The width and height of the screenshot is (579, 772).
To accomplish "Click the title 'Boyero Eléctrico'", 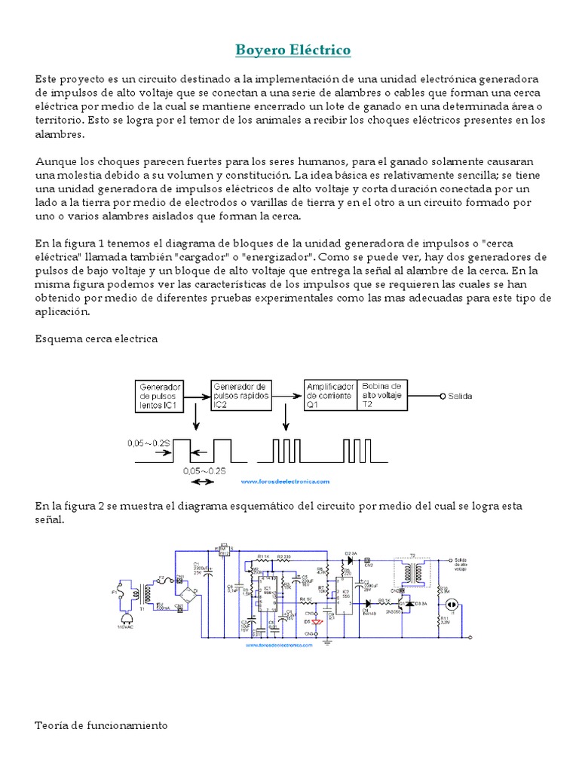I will click(x=293, y=51).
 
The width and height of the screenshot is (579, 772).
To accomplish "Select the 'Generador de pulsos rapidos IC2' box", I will click(x=239, y=394).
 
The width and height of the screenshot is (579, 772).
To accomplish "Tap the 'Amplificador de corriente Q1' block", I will click(x=329, y=394).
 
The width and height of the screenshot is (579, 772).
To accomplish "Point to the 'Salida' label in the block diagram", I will click(x=461, y=395).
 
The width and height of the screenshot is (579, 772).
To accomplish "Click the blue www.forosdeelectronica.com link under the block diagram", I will click(x=286, y=481).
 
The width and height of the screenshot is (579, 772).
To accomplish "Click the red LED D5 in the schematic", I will click(x=317, y=621).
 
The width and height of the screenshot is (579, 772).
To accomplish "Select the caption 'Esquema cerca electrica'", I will click(x=96, y=339).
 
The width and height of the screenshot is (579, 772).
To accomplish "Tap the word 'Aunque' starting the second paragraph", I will click(x=53, y=162).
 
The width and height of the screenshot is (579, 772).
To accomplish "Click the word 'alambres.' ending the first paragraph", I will click(x=60, y=134).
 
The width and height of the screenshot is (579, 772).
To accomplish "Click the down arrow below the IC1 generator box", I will click(x=196, y=417).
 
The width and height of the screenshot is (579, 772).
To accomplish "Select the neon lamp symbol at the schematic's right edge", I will click(x=453, y=605).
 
